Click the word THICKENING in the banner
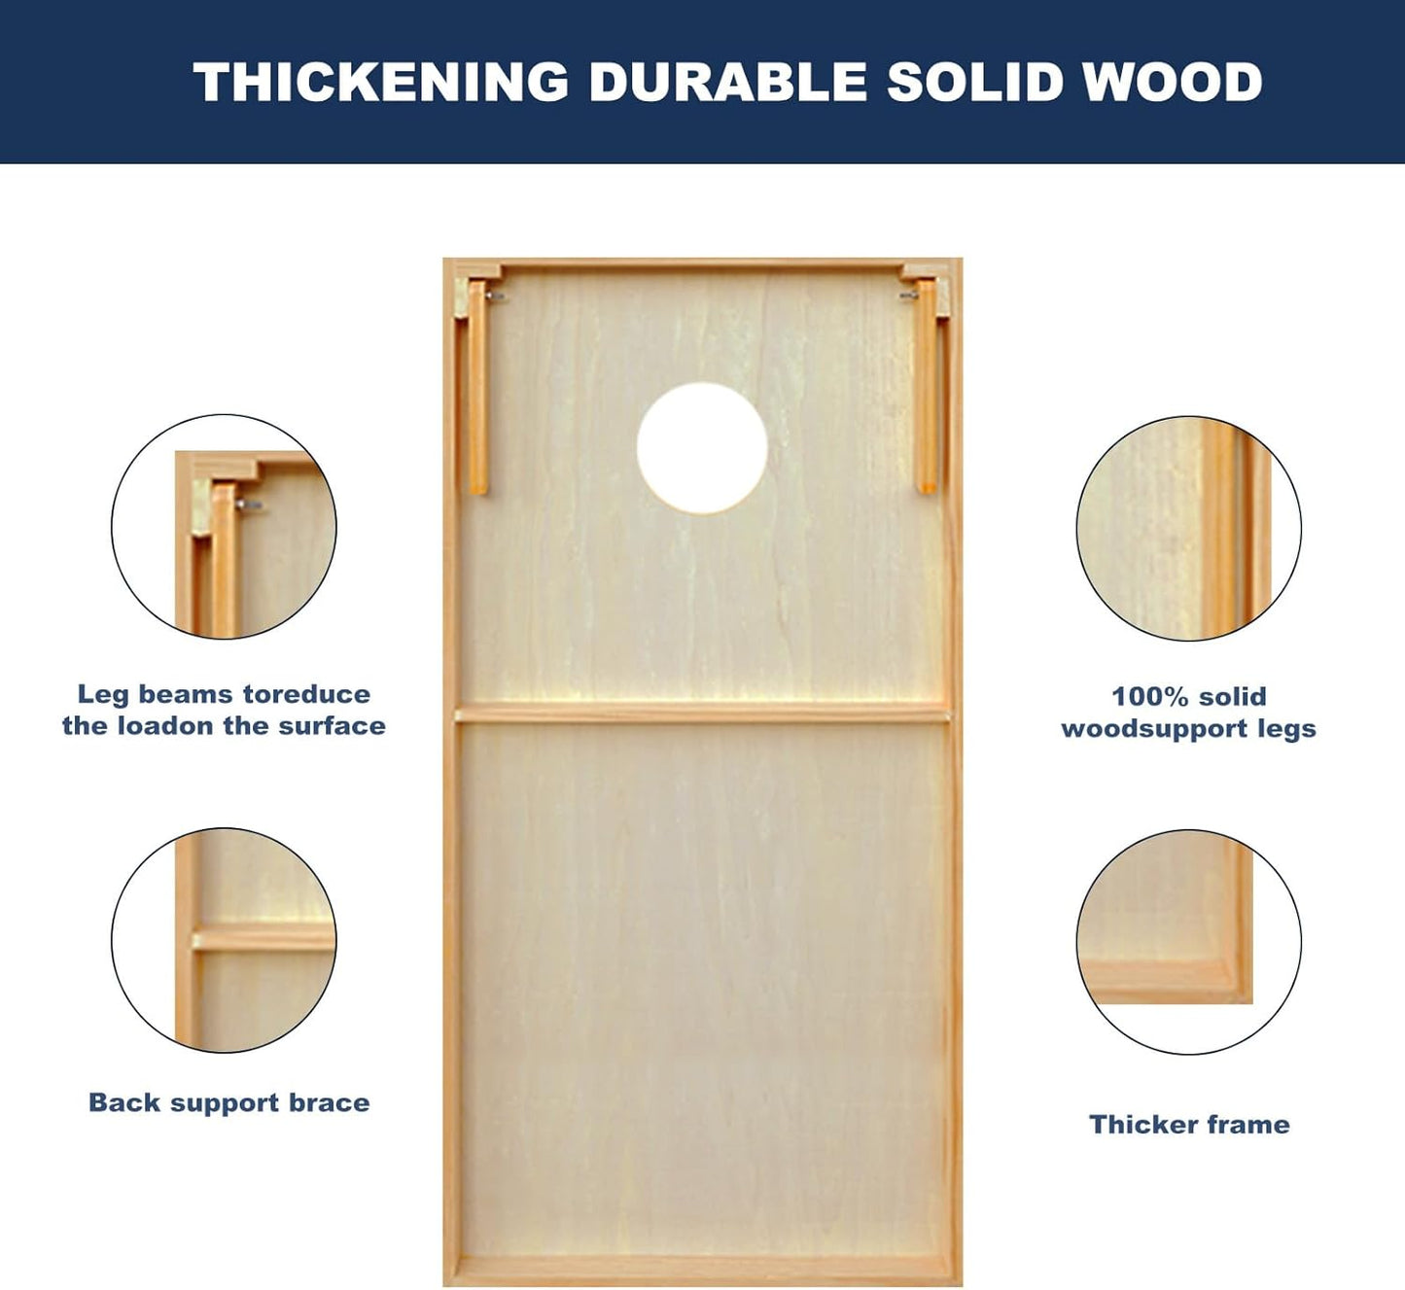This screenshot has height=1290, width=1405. pyautogui.click(x=380, y=82)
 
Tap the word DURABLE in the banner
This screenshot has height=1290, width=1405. pyautogui.click(x=727, y=82)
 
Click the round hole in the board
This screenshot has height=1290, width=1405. pyautogui.click(x=702, y=448)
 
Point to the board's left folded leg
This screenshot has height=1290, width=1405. pyautogui.click(x=477, y=387)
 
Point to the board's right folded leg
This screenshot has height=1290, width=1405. pyautogui.click(x=927, y=386)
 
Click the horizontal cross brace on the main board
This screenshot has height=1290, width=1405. pyautogui.click(x=702, y=715)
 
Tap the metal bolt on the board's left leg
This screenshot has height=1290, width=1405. pyautogui.click(x=497, y=296)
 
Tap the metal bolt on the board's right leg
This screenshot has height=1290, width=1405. pyautogui.click(x=908, y=296)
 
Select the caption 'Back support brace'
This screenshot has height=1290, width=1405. pyautogui.click(x=229, y=1103)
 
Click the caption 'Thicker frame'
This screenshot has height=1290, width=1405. pyautogui.click(x=1189, y=1125)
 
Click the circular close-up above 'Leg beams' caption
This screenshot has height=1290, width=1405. pyautogui.click(x=225, y=527)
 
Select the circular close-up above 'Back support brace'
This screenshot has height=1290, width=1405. pyautogui.click(x=225, y=940)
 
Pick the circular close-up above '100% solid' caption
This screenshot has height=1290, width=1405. pyautogui.click(x=1188, y=529)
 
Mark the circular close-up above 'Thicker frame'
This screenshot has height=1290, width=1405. pyautogui.click(x=1188, y=942)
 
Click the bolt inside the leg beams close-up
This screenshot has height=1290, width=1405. pyautogui.click(x=249, y=505)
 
